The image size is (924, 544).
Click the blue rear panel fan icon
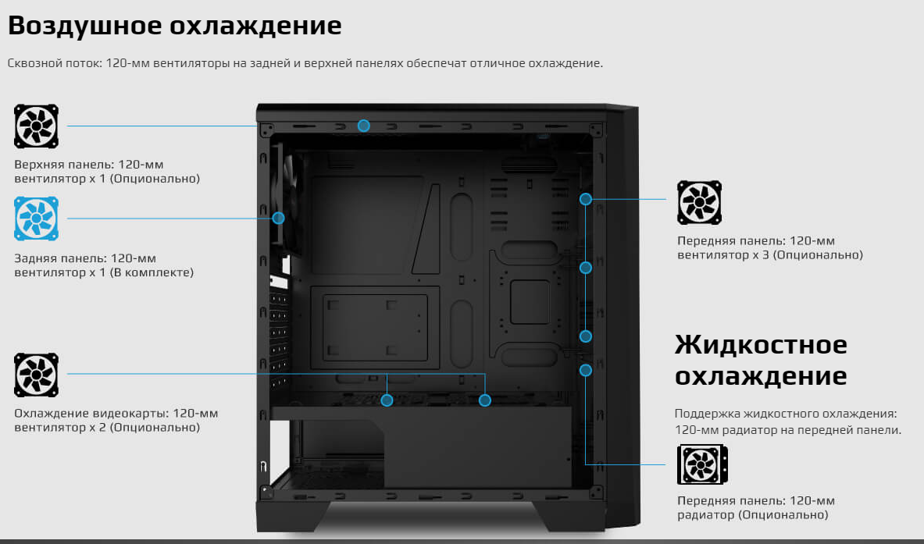(x=36, y=219)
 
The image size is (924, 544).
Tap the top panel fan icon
(x=36, y=126)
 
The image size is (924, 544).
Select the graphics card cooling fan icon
(x=36, y=375)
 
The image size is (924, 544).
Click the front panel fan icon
(x=700, y=202)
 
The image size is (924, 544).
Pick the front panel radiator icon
(x=702, y=464)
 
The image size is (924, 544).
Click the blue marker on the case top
(x=364, y=126)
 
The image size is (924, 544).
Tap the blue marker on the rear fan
(x=279, y=219)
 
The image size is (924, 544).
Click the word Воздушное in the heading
(x=85, y=26)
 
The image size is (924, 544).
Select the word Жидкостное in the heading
(x=761, y=344)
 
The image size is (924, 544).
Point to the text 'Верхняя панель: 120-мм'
(x=89, y=164)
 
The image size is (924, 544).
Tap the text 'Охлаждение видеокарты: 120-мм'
(x=116, y=414)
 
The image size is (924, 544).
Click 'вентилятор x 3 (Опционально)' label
(x=770, y=255)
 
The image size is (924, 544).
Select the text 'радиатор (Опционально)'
(x=752, y=515)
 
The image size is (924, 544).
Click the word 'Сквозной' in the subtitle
(x=31, y=63)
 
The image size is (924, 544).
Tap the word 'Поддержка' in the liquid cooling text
(x=706, y=414)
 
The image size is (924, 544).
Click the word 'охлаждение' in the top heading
(x=255, y=26)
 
